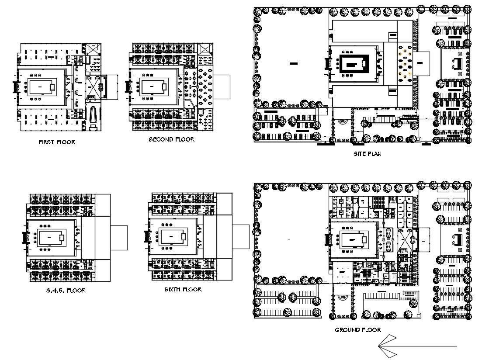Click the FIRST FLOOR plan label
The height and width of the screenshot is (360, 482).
point(56,142)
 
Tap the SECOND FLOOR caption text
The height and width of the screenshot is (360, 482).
point(171,140)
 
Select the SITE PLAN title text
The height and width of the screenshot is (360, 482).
point(367,154)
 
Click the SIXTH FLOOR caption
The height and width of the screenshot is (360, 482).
point(183,289)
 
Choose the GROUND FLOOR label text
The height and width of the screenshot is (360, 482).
point(357,330)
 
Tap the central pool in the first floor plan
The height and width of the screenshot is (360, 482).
point(42,87)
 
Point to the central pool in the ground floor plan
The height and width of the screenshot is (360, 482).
point(354,239)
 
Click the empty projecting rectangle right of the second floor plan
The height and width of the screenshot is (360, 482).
point(222,87)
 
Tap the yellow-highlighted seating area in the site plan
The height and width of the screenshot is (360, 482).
point(405,64)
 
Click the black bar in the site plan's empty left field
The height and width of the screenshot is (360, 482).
point(293,64)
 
